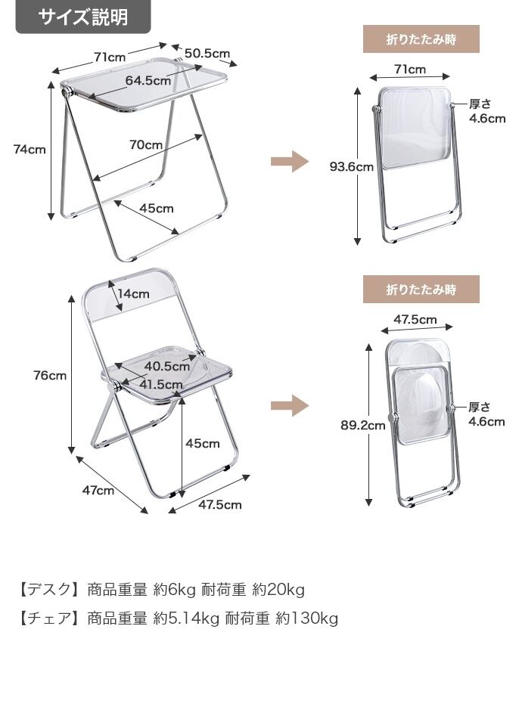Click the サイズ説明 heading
(83, 17)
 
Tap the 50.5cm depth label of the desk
(207, 53)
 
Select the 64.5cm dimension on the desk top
(148, 80)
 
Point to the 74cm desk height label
(30, 150)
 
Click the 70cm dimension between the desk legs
(146, 145)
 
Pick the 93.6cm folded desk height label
(352, 166)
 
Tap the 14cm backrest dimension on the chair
(133, 293)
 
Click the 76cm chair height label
(50, 376)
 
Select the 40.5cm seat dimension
(167, 367)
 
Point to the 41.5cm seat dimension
(161, 384)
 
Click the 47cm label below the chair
(98, 490)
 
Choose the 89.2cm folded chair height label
(363, 426)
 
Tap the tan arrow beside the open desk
(290, 161)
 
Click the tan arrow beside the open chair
(290, 405)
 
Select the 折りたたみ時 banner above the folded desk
(421, 39)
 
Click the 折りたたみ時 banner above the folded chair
(421, 290)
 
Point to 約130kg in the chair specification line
(307, 618)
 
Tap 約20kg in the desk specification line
(278, 590)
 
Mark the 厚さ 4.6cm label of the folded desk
(486, 111)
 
